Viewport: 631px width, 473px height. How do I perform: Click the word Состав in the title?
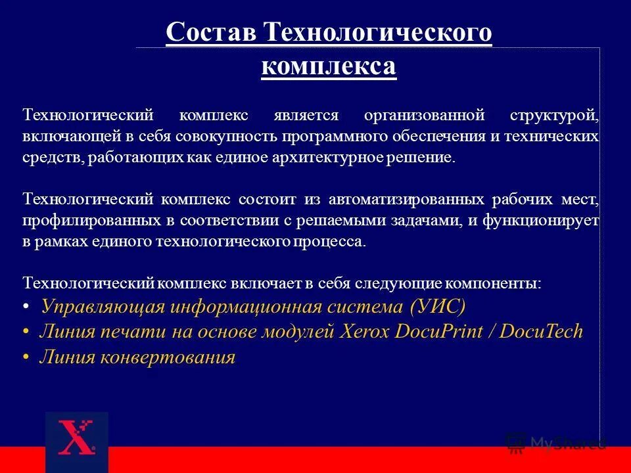point(210,32)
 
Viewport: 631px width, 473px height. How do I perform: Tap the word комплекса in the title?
point(329,66)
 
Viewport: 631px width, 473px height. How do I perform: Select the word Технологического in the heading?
point(377,32)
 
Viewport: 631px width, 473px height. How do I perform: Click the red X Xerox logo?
point(76,438)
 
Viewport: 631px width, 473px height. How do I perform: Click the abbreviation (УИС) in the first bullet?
point(437,306)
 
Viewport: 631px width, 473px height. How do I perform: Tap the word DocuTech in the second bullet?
point(541,331)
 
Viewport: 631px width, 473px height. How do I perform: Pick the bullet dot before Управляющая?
point(26,307)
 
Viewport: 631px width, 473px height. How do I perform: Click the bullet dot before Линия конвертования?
point(26,358)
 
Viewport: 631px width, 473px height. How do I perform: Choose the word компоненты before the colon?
point(494,283)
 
